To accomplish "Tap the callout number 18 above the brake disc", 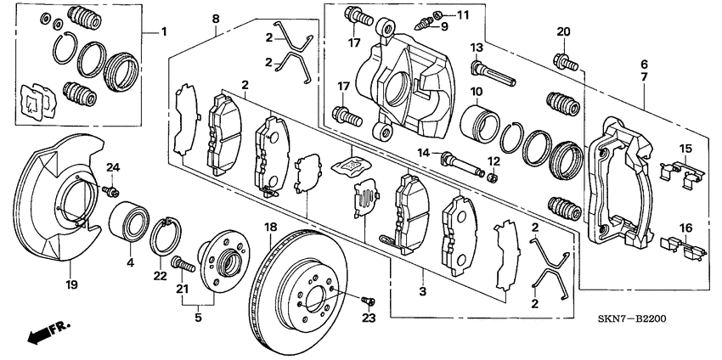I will pyautogui.click(x=271, y=228).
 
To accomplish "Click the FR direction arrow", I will pyautogui.click(x=47, y=334).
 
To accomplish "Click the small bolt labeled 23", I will pyautogui.click(x=368, y=301).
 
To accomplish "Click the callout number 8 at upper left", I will pyautogui.click(x=216, y=19).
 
